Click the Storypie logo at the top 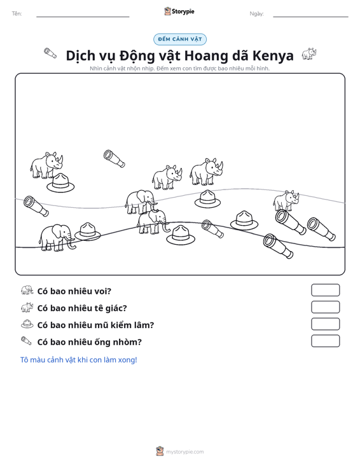179,11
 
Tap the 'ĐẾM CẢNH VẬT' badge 180,39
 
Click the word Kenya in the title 273,55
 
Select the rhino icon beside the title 309,54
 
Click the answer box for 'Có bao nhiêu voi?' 325,290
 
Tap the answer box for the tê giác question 325,307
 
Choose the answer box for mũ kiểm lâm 325,324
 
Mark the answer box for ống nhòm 325,341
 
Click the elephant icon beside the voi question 27,290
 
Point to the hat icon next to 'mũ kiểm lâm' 27,324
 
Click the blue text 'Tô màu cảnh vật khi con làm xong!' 78,360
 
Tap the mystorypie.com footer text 184,452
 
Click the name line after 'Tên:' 83,17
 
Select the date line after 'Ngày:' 310,17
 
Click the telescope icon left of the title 50,53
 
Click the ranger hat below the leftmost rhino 60,183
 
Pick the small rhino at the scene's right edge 286,201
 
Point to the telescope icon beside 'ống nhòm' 26,341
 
